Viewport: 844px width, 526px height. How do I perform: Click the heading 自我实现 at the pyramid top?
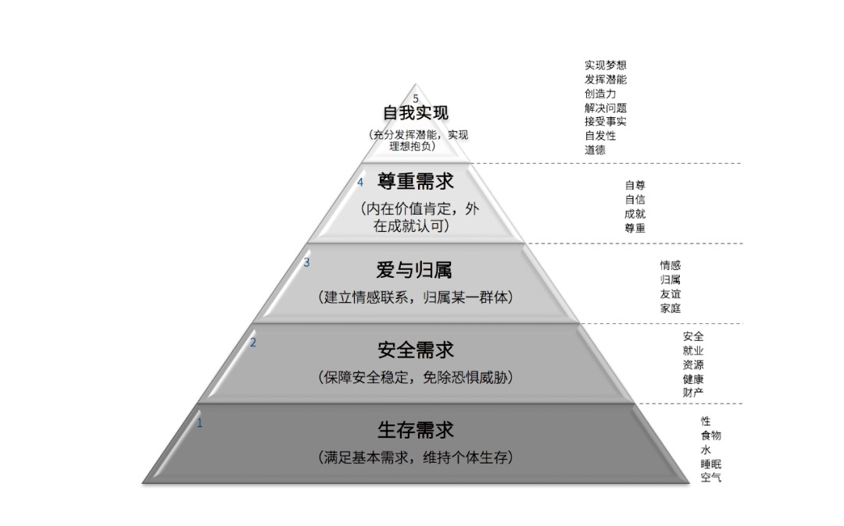[x=415, y=113]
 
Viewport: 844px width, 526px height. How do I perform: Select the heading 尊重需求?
[x=415, y=182]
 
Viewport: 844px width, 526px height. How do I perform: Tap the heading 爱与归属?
[x=415, y=270]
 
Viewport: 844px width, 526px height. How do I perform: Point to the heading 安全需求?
[x=415, y=350]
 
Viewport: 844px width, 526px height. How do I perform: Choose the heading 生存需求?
[x=415, y=430]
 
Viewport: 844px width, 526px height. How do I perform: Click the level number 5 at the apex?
[x=416, y=98]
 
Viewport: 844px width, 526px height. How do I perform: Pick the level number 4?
[x=360, y=182]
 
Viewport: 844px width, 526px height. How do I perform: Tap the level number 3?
[x=306, y=262]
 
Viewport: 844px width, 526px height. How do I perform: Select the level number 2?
[x=252, y=342]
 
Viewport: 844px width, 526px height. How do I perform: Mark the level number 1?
[x=199, y=424]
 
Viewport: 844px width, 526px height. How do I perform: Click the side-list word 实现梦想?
[x=605, y=66]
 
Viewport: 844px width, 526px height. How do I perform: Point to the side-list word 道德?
[x=595, y=150]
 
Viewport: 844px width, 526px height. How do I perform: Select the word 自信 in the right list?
[x=635, y=200]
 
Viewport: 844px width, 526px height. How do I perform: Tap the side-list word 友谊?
[x=671, y=294]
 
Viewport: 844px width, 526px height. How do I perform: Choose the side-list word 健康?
[x=693, y=379]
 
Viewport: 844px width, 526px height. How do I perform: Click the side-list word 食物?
[x=710, y=435]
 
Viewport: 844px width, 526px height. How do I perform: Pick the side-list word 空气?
[x=710, y=478]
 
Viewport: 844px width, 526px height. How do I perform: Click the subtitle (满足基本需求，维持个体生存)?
[x=415, y=457]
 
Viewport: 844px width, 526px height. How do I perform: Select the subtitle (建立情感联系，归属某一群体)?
[x=415, y=297]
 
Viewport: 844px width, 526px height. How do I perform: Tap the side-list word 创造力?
[x=600, y=94]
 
